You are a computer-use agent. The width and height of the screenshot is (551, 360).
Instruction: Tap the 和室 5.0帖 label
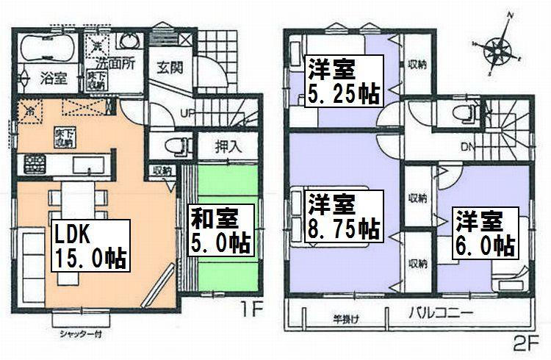coord(220,229)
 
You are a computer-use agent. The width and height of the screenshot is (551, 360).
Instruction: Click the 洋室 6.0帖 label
coord(482,233)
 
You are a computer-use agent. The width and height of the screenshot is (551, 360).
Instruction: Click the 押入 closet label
coord(228,145)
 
